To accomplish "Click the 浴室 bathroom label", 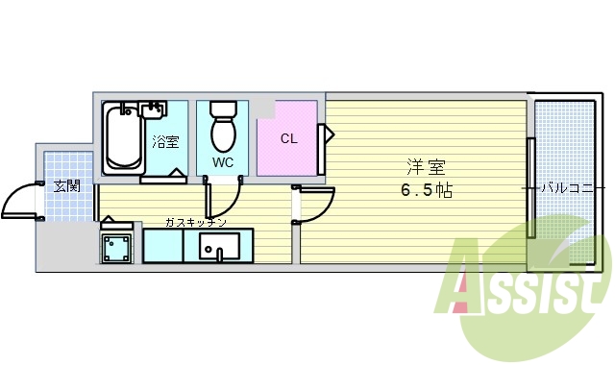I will click(165, 142).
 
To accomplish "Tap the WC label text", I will click(223, 162).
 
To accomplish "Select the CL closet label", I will click(288, 138).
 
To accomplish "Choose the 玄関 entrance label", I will click(66, 185).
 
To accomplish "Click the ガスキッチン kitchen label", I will click(196, 222).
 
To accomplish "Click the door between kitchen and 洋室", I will click(313, 203).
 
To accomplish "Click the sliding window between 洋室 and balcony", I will click(530, 187).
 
